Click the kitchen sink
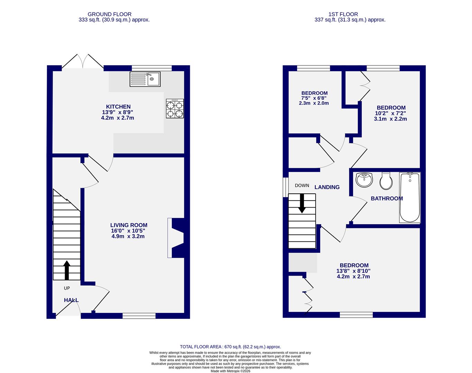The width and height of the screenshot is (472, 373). click(145, 79)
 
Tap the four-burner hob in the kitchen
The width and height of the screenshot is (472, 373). click(175, 108)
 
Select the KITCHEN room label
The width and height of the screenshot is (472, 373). click(118, 107)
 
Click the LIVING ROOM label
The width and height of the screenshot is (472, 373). click(129, 225)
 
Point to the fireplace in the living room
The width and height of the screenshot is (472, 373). click(176, 238)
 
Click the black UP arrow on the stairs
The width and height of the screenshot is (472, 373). click(67, 270)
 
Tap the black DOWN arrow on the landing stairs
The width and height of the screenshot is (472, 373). click(302, 203)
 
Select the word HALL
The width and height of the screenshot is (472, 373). click(71, 300)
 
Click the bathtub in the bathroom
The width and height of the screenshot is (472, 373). click(410, 198)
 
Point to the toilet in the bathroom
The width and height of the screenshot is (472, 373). click(386, 181)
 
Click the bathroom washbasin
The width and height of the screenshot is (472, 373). click(364, 180)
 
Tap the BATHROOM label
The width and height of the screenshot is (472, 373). click(387, 199)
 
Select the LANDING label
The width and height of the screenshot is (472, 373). click(327, 187)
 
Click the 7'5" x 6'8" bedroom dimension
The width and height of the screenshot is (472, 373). click(314, 98)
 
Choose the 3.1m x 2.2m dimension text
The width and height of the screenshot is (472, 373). click(390, 119)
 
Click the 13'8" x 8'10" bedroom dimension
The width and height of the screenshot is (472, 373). click(353, 271)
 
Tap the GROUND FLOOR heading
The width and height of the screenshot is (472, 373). click(109, 14)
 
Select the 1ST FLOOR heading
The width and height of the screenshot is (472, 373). click(343, 14)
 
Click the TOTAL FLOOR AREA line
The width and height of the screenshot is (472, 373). click(230, 347)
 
